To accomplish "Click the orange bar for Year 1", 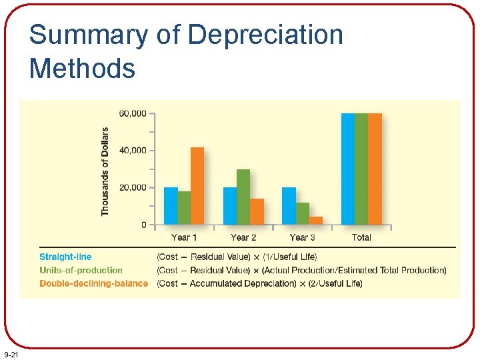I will tap(197, 186).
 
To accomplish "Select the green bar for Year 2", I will tap(243, 197).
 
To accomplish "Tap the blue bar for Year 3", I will tap(289, 206).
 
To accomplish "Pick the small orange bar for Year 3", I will tap(316, 221).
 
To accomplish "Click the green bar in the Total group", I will tap(361, 169).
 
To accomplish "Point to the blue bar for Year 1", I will tap(171, 206).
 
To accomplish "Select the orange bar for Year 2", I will tap(257, 211).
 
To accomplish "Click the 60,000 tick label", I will tap(133, 113).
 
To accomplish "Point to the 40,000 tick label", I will tap(133, 151).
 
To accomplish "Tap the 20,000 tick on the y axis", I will tap(133, 188).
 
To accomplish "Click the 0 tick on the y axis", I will tap(143, 225).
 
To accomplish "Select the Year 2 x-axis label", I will tap(243, 237).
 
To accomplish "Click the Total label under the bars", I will tap(361, 237).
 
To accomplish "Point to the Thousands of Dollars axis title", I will tap(105, 171).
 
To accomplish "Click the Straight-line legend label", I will tap(65, 257).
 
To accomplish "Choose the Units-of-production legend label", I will tap(81, 270).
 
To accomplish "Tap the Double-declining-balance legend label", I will tap(93, 283).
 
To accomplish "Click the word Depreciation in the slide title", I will tap(260, 35).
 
